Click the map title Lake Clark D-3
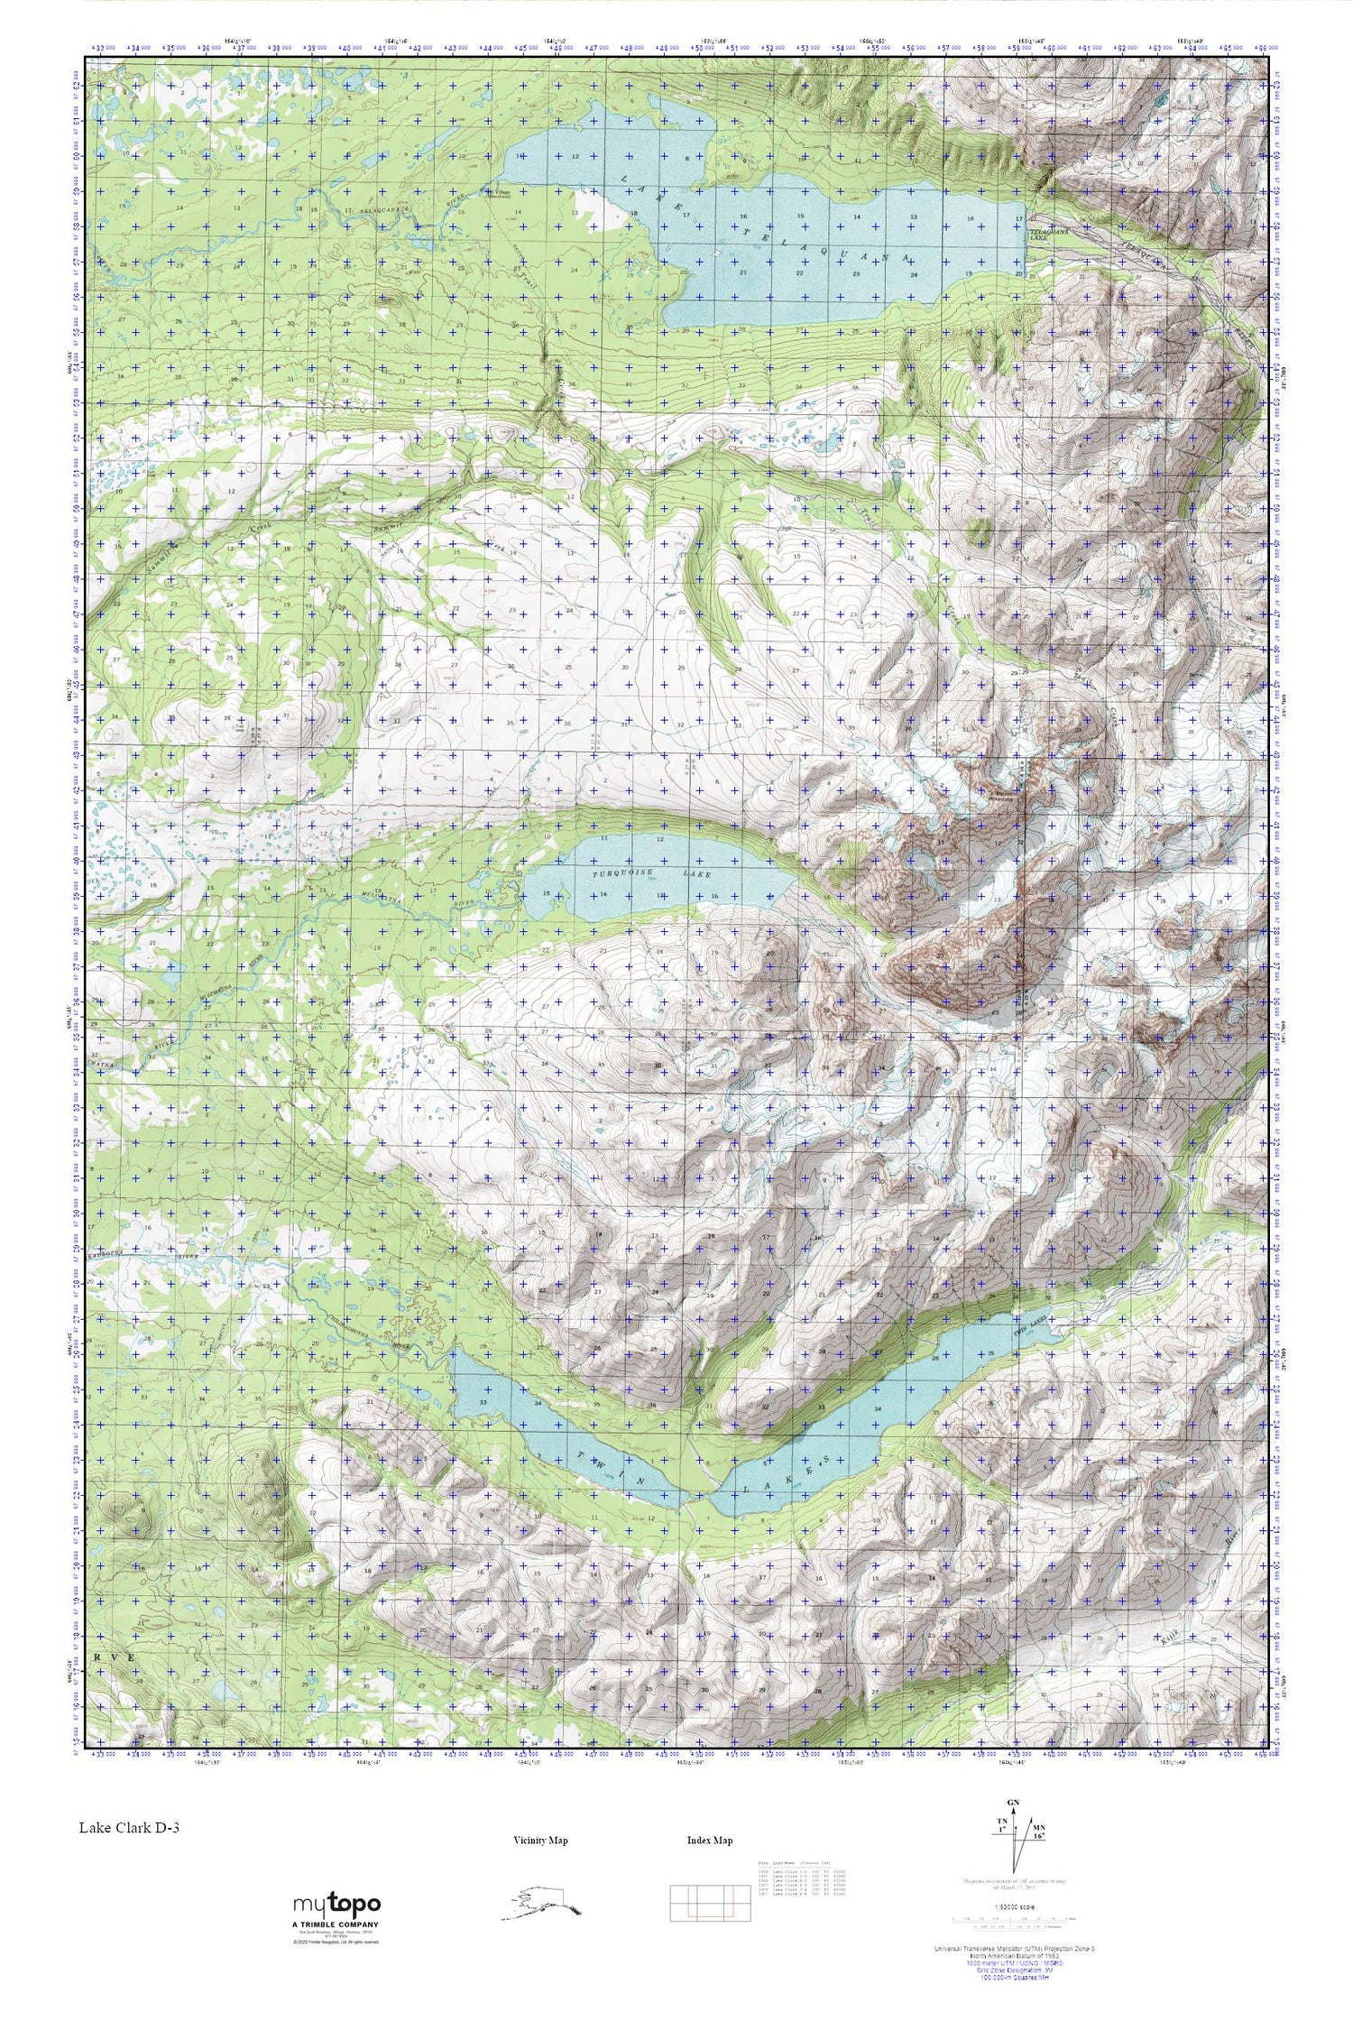(128, 1828)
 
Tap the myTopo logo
(336, 1905)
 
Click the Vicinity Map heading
(540, 1841)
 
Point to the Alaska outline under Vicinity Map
(541, 1904)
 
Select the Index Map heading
(710, 1841)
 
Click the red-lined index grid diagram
(710, 1904)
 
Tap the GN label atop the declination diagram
(1014, 1803)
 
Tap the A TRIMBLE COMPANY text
(336, 1924)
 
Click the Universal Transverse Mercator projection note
(1014, 1974)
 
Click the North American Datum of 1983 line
(1014, 1981)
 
